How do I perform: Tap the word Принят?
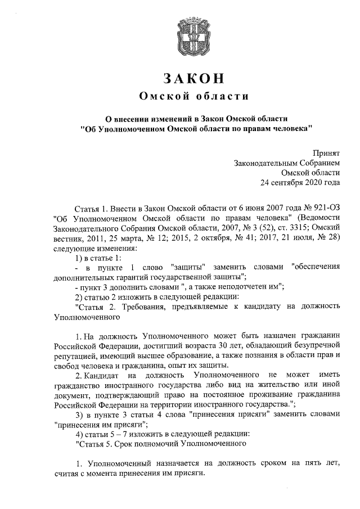[326, 152]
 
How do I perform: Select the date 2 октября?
[208, 238]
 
